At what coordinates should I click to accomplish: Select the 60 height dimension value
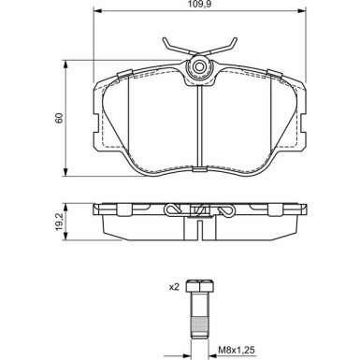[59, 118]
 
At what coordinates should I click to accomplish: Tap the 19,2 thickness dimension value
[59, 222]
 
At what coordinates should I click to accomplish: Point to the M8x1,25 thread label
[237, 350]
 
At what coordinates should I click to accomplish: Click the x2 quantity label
[174, 287]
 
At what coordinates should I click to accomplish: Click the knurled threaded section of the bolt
[199, 325]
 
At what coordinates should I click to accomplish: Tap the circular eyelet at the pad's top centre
[199, 66]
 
